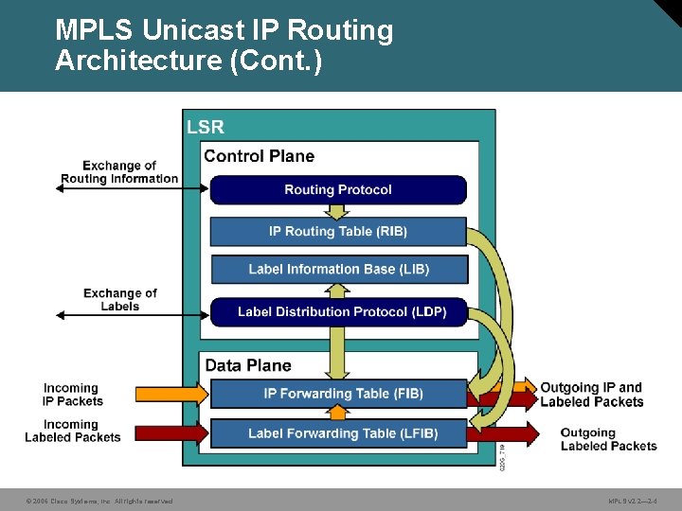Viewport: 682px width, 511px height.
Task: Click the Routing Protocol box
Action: click(338, 190)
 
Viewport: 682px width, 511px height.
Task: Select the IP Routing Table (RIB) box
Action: click(338, 232)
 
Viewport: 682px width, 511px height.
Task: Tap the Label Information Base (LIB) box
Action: click(338, 270)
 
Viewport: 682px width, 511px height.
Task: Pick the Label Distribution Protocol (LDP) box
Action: click(341, 311)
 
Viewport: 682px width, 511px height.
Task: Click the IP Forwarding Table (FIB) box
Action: click(338, 394)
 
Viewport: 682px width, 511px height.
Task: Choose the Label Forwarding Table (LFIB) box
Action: click(338, 433)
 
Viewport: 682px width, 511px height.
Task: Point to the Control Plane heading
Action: click(259, 156)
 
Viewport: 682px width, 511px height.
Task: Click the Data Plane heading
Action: click(248, 365)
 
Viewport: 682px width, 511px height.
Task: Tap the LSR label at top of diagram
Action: click(206, 127)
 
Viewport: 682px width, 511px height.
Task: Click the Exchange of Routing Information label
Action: click(119, 172)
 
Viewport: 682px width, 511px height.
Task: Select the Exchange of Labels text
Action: click(120, 299)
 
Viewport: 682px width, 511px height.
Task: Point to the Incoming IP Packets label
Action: click(72, 395)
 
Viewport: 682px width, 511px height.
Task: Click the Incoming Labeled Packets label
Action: click(73, 431)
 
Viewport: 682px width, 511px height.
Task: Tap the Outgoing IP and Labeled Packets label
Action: click(591, 395)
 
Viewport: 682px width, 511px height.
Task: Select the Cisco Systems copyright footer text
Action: click(99, 501)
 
